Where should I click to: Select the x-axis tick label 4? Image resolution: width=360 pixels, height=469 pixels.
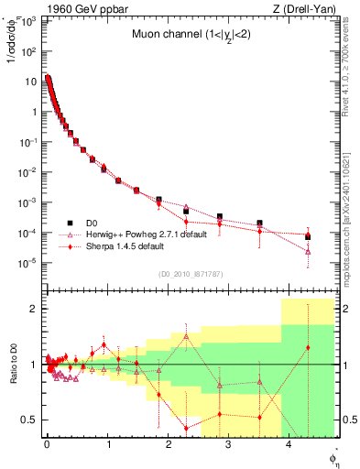pyautogui.click(x=289, y=446)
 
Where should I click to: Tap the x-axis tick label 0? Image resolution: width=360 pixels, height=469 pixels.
pyautogui.click(x=47, y=446)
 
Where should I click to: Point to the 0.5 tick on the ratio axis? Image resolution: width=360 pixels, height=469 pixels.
pyautogui.click(x=30, y=420)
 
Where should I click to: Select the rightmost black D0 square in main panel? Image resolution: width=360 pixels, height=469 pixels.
pyautogui.click(x=308, y=236)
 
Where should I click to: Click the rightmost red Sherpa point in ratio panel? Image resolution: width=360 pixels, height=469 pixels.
pyautogui.click(x=308, y=347)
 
